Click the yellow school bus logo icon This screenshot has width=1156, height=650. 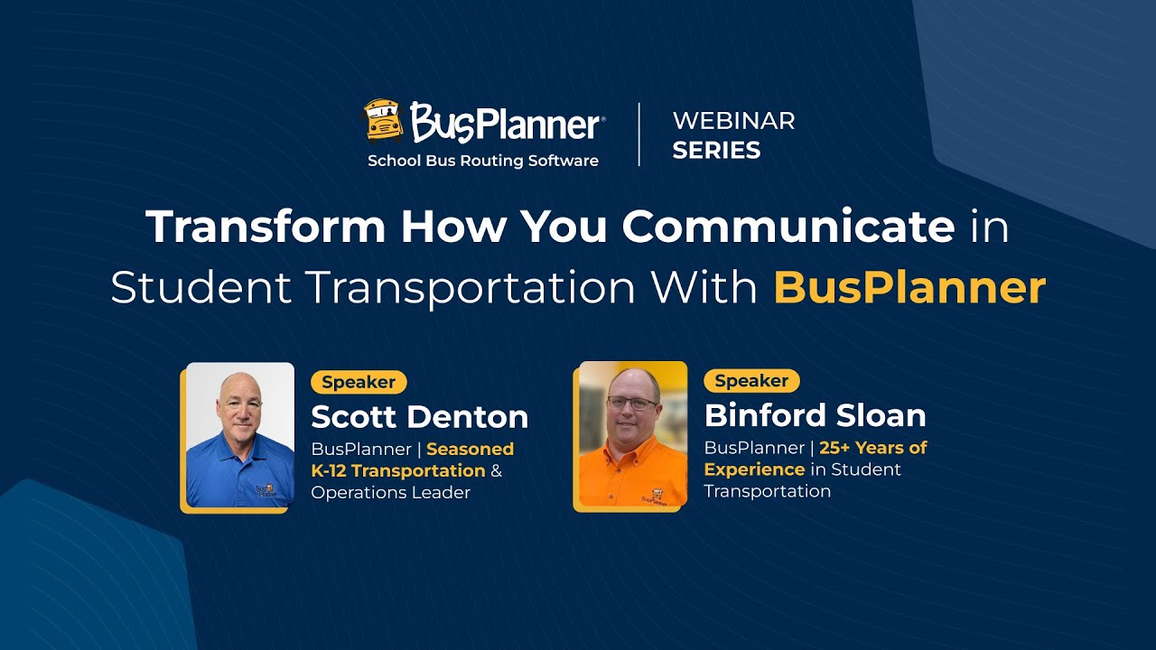[x=384, y=121]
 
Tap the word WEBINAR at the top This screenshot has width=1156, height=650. [x=733, y=121]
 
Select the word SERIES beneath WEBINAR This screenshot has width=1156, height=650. [x=716, y=150]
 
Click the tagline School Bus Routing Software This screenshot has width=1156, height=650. [x=482, y=161]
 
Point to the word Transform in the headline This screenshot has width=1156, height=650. [x=267, y=227]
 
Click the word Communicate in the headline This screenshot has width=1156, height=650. [x=788, y=227]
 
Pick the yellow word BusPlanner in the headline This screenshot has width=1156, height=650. [x=909, y=288]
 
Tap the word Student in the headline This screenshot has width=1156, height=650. [x=200, y=288]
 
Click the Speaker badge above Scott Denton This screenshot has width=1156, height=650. [x=359, y=382]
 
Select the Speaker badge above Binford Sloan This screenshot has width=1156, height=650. [x=751, y=381]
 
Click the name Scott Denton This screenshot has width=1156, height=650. [x=419, y=416]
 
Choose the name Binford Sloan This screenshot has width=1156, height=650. [x=815, y=415]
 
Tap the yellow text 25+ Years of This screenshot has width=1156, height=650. [x=873, y=448]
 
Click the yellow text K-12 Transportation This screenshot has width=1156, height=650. [x=398, y=470]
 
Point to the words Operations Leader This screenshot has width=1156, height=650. [x=390, y=492]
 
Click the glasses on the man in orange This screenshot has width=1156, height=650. [x=632, y=403]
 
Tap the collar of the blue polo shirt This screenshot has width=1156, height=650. [x=241, y=444]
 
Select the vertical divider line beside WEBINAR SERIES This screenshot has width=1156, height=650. [x=639, y=135]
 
